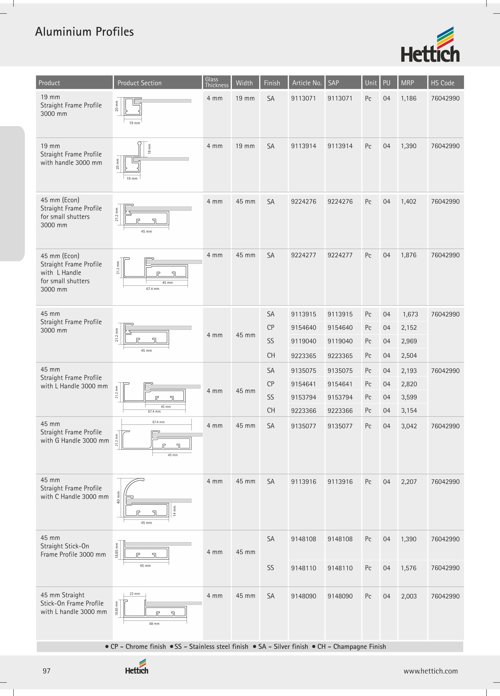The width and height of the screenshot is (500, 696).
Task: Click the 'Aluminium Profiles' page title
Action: click(x=84, y=32)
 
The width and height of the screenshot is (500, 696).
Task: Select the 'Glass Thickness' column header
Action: click(x=217, y=82)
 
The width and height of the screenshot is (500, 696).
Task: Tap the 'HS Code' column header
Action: click(x=442, y=83)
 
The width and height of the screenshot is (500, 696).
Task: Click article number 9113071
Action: click(x=303, y=98)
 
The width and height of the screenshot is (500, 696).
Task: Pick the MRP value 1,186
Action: click(x=409, y=98)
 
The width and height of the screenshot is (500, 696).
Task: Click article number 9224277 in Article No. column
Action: click(x=303, y=255)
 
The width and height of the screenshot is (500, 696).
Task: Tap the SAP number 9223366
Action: click(x=340, y=411)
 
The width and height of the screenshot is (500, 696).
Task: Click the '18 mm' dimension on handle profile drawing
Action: click(x=149, y=149)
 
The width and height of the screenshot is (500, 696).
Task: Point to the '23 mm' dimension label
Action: click(x=135, y=594)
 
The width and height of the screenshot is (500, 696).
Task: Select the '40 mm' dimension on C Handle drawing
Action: click(x=118, y=497)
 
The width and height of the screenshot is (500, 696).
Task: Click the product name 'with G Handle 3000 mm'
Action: click(x=75, y=441)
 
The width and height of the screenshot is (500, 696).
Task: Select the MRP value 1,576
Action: click(x=409, y=568)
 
